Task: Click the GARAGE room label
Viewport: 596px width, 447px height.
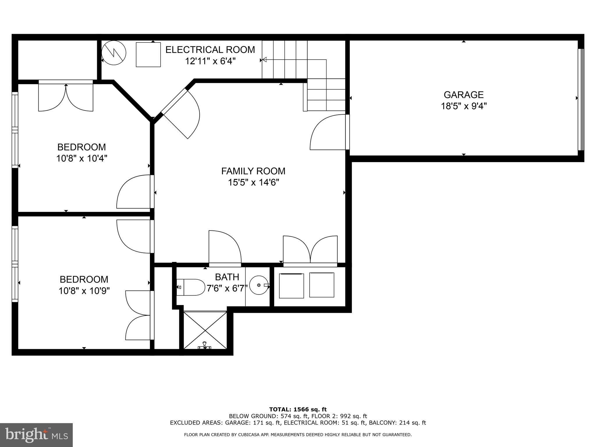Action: pos(464,95)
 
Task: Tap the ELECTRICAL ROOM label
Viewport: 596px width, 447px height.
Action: pos(210,50)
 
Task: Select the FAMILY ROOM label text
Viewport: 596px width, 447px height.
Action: pos(253,171)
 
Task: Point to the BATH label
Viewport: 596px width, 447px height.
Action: pos(227,277)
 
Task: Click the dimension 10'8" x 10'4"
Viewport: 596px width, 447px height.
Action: pos(82,159)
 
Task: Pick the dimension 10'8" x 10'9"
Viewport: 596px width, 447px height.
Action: pos(84,291)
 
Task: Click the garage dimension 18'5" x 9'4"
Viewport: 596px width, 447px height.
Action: pos(464,106)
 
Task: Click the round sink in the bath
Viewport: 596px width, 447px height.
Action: pos(259,285)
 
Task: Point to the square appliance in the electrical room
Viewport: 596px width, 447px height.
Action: pos(148,54)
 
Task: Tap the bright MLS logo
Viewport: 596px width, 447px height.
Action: pos(36,435)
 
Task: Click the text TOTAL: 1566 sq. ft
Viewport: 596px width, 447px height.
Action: pos(298,409)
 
